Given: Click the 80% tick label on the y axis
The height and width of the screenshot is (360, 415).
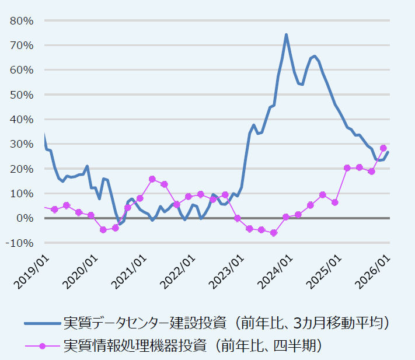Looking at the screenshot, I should point(22,20).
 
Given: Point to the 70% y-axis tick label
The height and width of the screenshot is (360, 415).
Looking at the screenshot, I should point(22,45).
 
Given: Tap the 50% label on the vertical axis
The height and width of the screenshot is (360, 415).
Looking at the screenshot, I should point(22,95).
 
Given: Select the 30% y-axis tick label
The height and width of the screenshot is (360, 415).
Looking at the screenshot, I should point(22,144).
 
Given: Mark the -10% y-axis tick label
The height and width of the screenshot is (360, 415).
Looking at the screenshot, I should point(20,243).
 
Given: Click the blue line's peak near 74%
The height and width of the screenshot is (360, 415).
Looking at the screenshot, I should point(286,34).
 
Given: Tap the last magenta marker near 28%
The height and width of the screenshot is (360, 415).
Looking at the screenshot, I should point(383,148).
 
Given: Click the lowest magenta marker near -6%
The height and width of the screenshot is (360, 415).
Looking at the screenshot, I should point(274,233).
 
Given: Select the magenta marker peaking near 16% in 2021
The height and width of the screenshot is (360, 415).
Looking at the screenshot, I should point(152,179).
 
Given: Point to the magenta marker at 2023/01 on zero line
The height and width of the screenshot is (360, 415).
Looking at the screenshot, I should point(238,218).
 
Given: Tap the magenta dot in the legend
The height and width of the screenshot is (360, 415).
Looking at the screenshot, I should point(42,346).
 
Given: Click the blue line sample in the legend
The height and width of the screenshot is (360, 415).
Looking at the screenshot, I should point(42,323).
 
